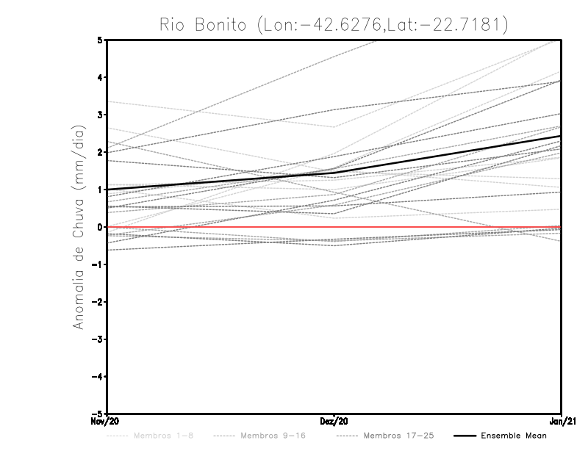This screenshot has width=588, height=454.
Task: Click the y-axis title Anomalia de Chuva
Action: coord(78,227)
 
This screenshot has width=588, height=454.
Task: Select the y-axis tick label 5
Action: coord(100,40)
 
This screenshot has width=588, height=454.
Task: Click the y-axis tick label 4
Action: coord(100,77)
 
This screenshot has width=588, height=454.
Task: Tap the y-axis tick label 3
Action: coord(100,115)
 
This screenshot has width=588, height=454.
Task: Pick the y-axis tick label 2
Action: coord(100,152)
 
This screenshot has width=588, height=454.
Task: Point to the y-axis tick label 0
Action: coord(100,227)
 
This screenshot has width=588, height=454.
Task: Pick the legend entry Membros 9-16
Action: coord(273,436)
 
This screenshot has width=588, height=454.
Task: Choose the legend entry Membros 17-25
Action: coord(398,436)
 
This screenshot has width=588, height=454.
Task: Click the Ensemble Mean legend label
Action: coord(514,436)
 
